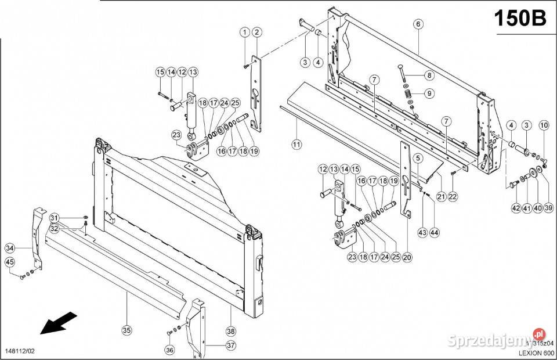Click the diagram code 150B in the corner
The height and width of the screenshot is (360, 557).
tap(520, 18)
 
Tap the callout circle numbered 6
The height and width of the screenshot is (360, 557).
tap(418, 24)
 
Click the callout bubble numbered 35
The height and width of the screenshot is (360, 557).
tap(126, 330)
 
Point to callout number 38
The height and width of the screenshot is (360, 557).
tap(230, 331)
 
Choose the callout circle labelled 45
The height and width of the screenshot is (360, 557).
tap(10, 262)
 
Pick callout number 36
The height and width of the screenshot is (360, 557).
tap(169, 350)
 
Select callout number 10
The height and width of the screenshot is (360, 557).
tap(544, 125)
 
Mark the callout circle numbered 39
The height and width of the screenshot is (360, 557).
tap(549, 208)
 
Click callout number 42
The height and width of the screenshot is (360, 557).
tap(516, 208)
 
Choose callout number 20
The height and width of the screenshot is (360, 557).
tap(407, 257)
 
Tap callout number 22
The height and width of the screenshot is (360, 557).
tap(453, 196)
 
